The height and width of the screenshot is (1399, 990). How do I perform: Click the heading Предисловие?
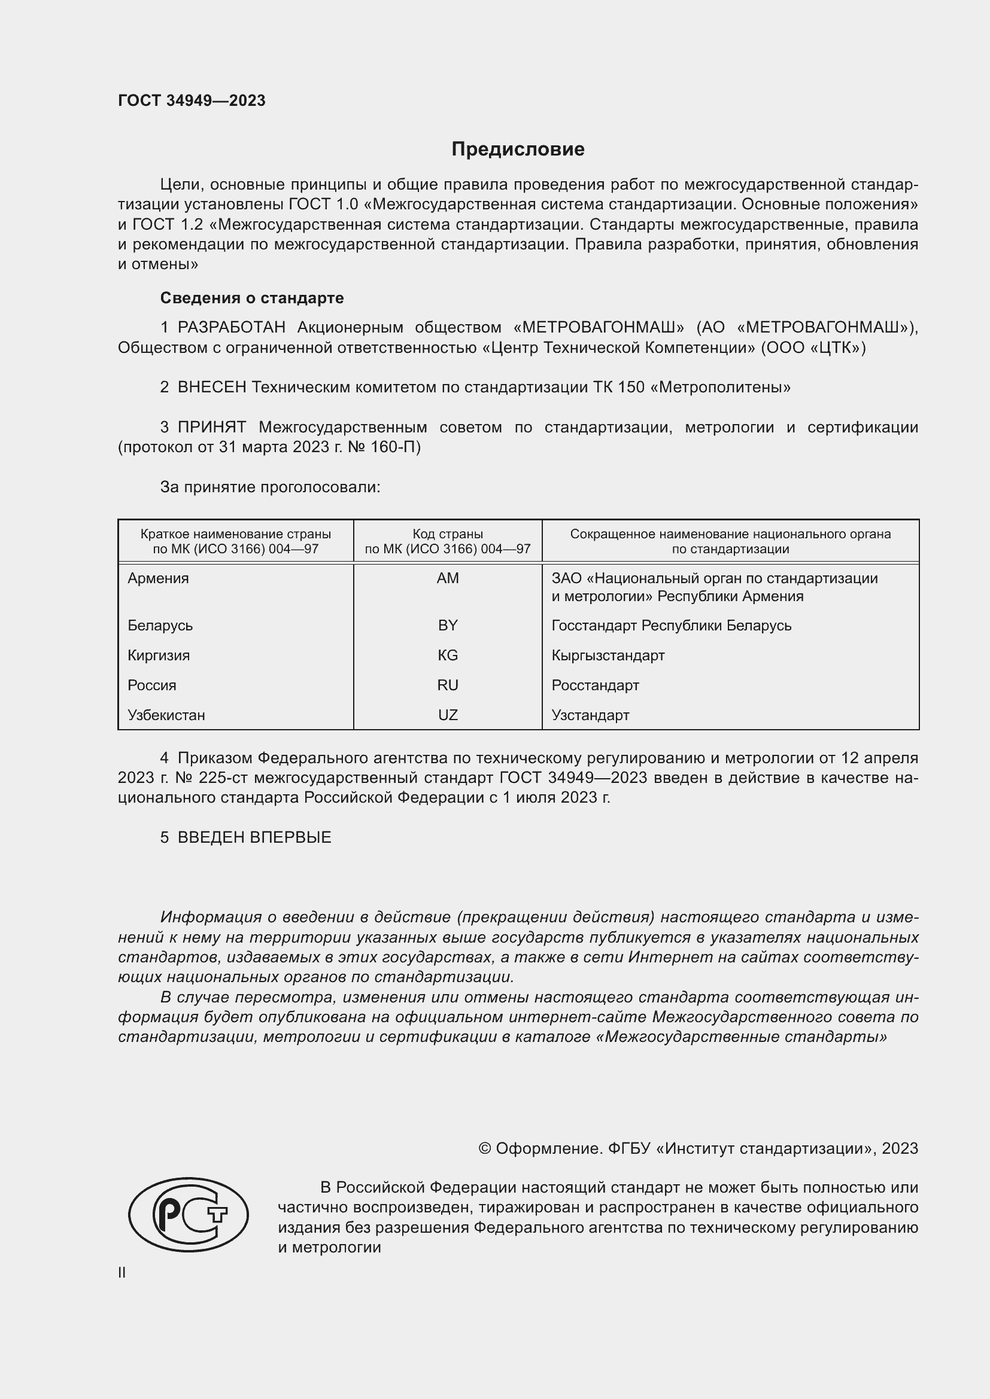pyautogui.click(x=518, y=150)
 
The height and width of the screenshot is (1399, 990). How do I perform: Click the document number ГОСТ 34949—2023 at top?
pyautogui.click(x=192, y=100)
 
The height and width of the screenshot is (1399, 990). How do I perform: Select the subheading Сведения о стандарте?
pyautogui.click(x=252, y=298)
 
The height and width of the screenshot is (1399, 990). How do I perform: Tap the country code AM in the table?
pyautogui.click(x=448, y=578)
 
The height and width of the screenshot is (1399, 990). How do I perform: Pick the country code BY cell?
pyautogui.click(x=448, y=625)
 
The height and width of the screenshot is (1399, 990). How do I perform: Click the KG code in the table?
pyautogui.click(x=448, y=655)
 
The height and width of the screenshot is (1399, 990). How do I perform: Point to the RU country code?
pyautogui.click(x=448, y=685)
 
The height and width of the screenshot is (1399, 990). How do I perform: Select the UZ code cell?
pyautogui.click(x=448, y=715)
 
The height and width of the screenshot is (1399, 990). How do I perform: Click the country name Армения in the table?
pyautogui.click(x=158, y=578)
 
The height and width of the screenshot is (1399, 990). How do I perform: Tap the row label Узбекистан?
pyautogui.click(x=166, y=715)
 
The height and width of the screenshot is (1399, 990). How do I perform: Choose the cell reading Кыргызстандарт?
pyautogui.click(x=608, y=655)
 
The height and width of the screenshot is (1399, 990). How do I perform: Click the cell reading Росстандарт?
pyautogui.click(x=595, y=685)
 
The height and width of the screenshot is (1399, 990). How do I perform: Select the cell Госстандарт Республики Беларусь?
pyautogui.click(x=671, y=625)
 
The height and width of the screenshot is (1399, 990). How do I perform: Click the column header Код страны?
pyautogui.click(x=448, y=534)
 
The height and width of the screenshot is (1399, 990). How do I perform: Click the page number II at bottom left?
pyautogui.click(x=122, y=1272)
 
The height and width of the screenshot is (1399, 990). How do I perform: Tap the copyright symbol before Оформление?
pyautogui.click(x=485, y=1148)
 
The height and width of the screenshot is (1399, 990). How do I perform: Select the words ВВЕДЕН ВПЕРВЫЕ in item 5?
pyautogui.click(x=254, y=837)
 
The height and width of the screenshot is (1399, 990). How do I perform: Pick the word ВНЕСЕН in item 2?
pyautogui.click(x=211, y=388)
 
